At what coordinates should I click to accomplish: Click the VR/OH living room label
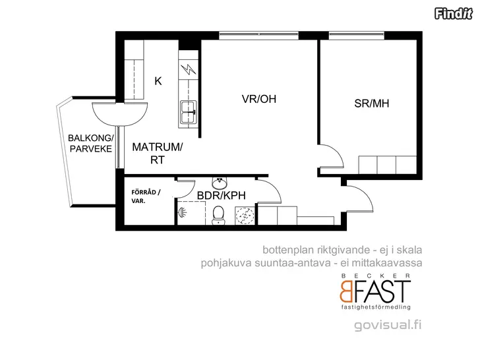pyautogui.click(x=259, y=99)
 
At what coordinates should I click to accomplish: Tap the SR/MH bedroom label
pyautogui.click(x=372, y=104)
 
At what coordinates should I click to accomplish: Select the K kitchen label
pyautogui.click(x=158, y=81)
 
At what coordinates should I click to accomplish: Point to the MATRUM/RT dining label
pyautogui.click(x=158, y=154)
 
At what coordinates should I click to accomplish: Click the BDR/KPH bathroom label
pyautogui.click(x=222, y=195)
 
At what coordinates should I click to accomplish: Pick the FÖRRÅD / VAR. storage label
pyautogui.click(x=146, y=196)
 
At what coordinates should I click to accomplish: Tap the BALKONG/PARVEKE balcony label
pyautogui.click(x=90, y=143)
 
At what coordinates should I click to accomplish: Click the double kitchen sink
pyautogui.click(x=189, y=112)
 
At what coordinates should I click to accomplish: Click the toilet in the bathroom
pyautogui.click(x=218, y=215)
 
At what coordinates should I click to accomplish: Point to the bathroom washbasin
pyautogui.click(x=220, y=183)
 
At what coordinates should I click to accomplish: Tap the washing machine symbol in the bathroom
pyautogui.click(x=245, y=216)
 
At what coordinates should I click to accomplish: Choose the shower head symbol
pyautogui.click(x=182, y=212)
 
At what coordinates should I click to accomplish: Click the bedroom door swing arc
pyautogui.click(x=338, y=152)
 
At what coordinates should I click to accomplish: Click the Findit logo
pyautogui.click(x=454, y=14)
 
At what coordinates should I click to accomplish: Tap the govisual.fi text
pyautogui.click(x=388, y=324)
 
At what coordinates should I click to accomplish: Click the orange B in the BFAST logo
pyautogui.click(x=346, y=291)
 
